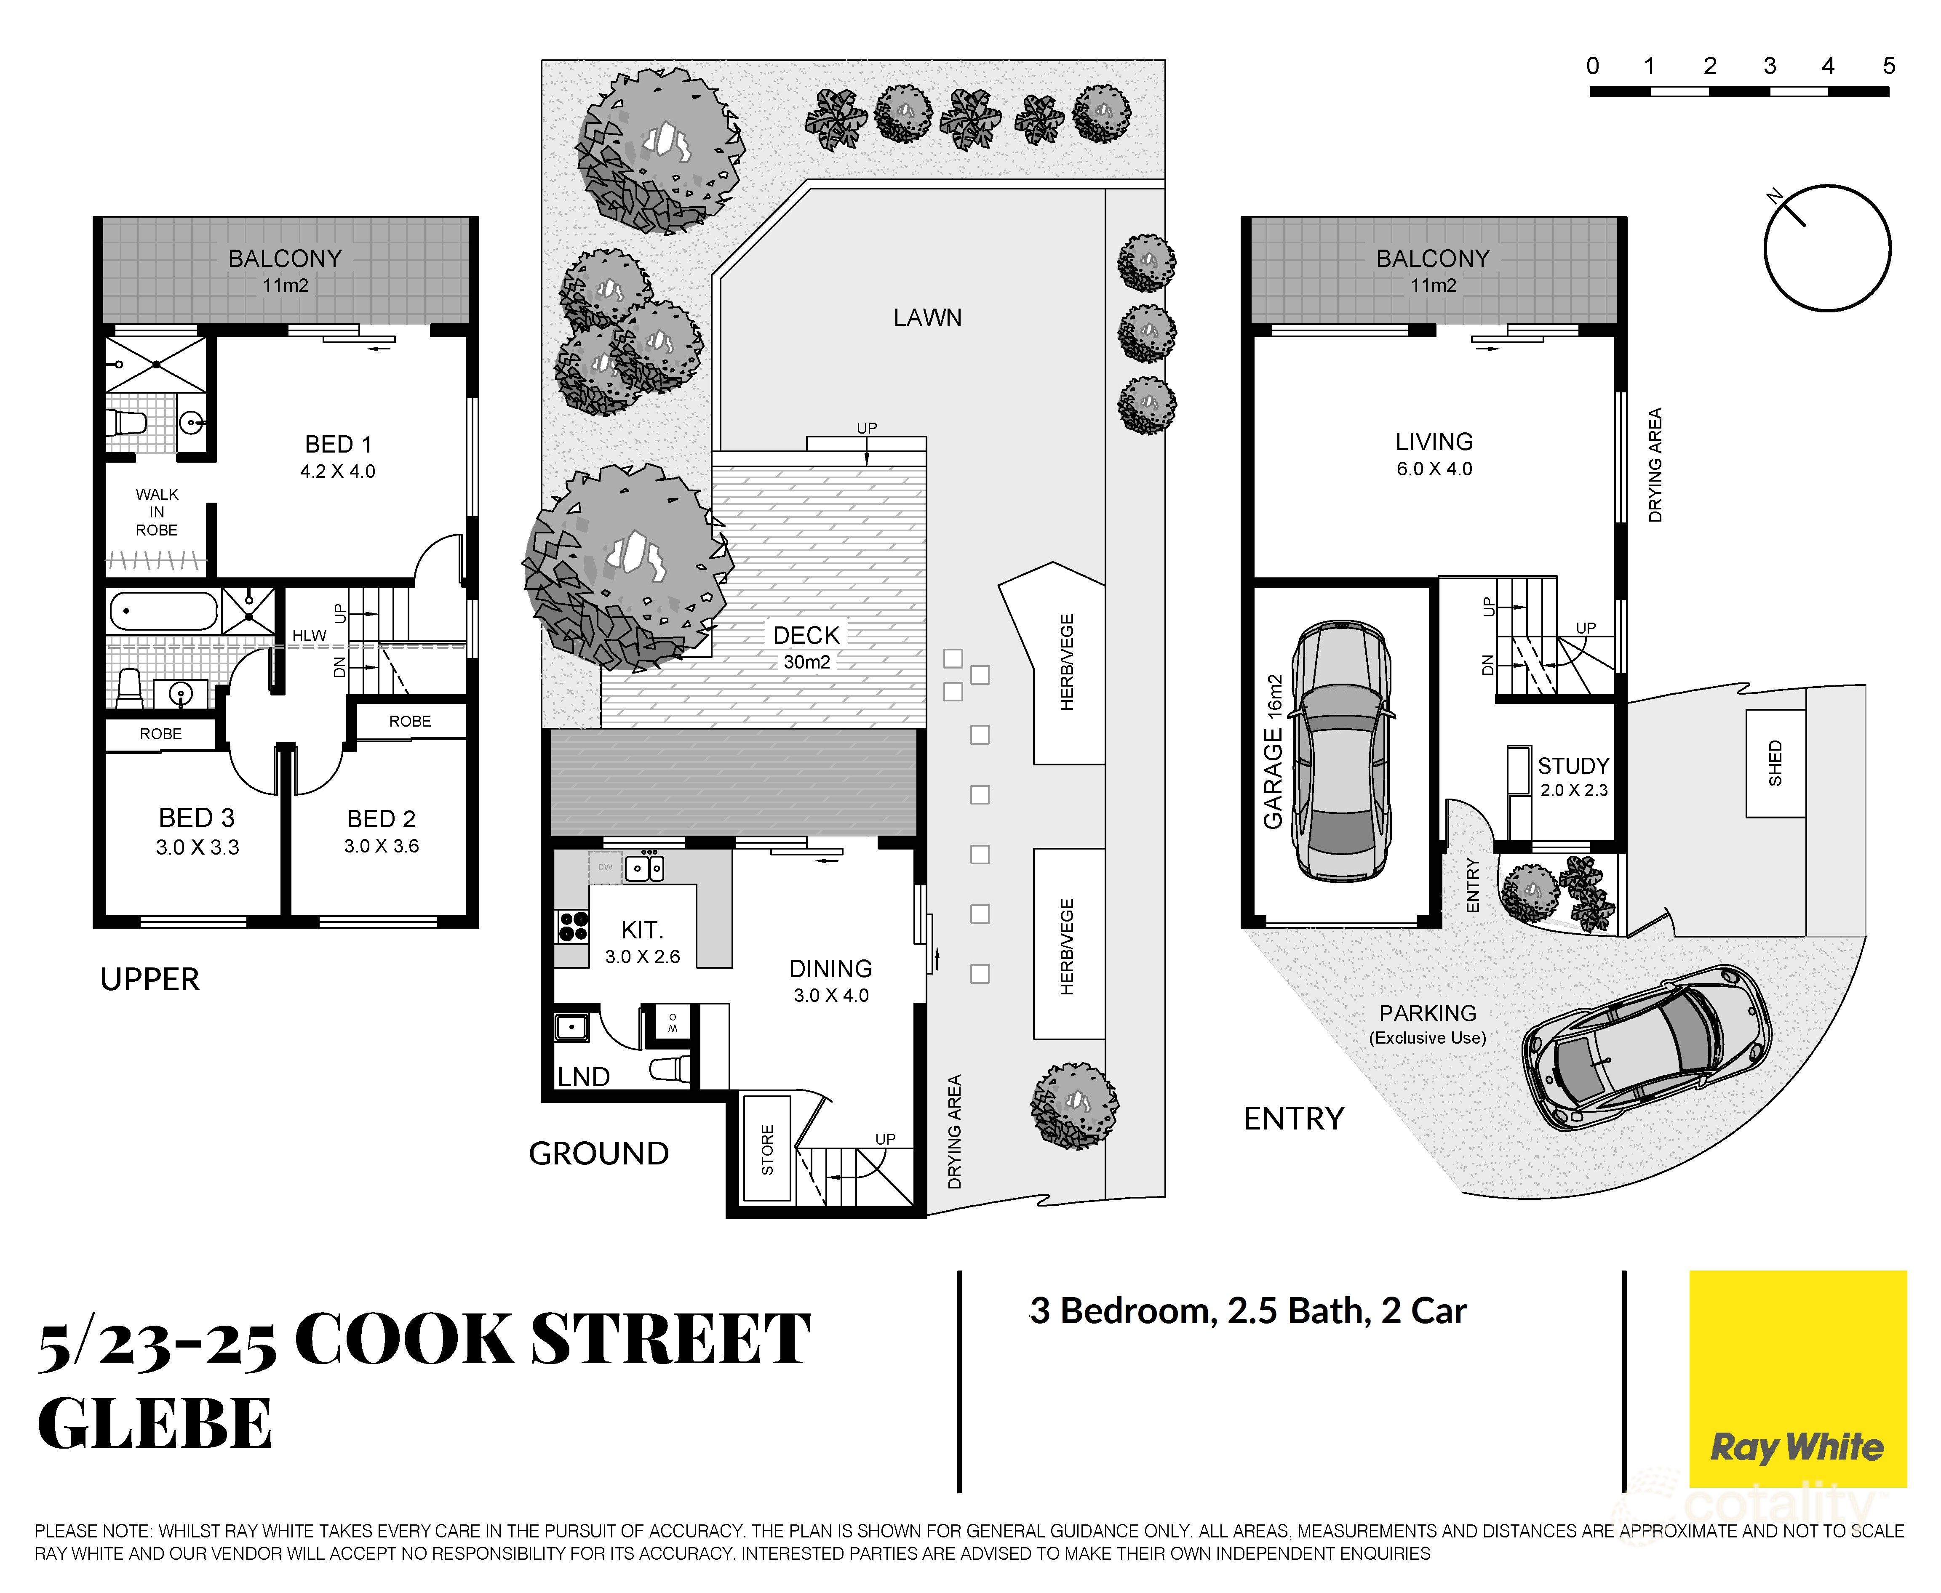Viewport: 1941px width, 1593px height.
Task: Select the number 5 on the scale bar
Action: click(1888, 66)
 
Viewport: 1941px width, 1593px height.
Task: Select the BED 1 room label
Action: click(338, 456)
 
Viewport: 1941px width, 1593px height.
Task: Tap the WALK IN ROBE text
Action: click(157, 512)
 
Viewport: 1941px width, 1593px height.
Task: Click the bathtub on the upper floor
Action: click(163, 610)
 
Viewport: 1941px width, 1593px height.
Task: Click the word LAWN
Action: click(927, 317)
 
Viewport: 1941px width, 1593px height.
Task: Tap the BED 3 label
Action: click(196, 831)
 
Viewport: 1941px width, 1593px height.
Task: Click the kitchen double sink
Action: click(644, 867)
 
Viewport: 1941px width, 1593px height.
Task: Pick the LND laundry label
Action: click(584, 1076)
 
